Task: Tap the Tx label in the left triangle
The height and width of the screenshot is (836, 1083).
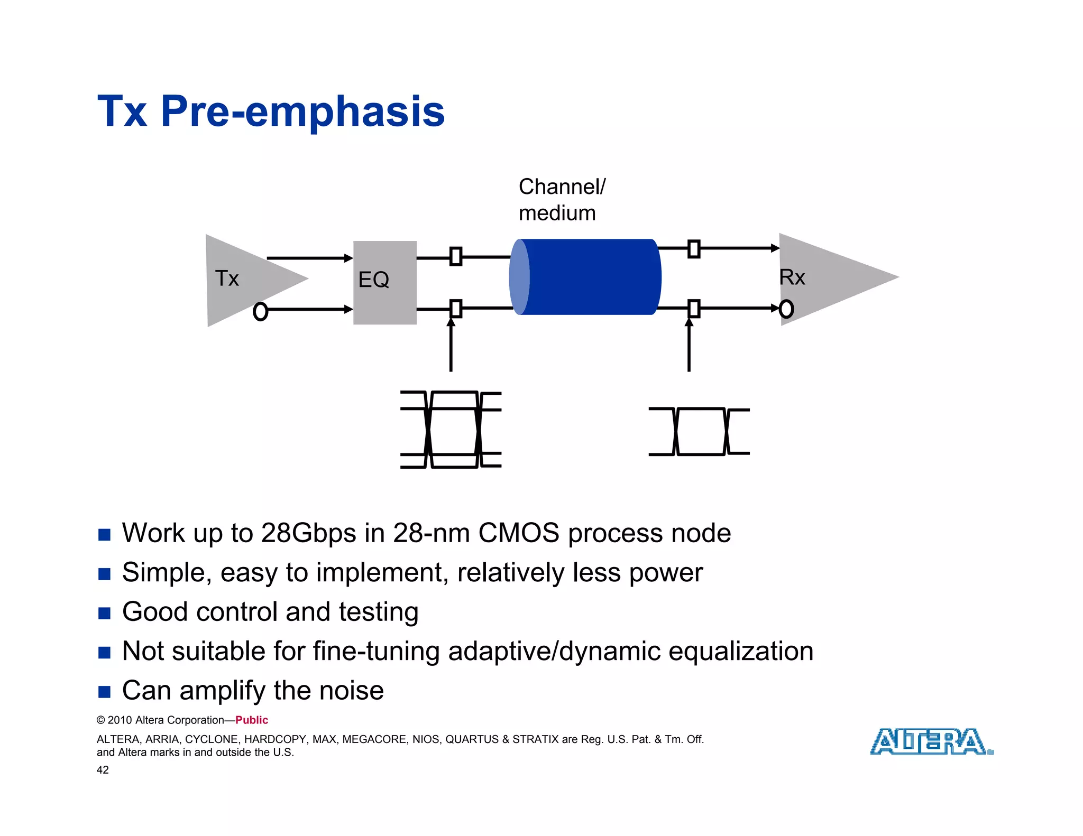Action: [x=227, y=278]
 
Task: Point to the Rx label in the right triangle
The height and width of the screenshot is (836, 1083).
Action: [x=792, y=277]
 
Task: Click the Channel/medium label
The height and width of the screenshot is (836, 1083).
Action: [x=561, y=200]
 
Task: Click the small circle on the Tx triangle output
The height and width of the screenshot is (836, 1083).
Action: [x=260, y=311]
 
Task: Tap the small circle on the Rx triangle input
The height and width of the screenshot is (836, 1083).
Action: [x=786, y=309]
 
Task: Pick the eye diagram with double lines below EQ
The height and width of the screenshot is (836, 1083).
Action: [x=451, y=430]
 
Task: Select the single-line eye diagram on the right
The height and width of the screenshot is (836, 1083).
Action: [x=699, y=431]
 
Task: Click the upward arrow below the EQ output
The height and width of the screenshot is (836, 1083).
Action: [x=451, y=346]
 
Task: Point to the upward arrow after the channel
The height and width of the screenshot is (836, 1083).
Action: [x=689, y=346]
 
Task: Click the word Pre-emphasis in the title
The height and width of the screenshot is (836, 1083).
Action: [x=302, y=112]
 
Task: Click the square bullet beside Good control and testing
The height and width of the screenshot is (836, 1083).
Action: [x=104, y=613]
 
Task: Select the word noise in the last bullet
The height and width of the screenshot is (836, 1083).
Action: [x=351, y=690]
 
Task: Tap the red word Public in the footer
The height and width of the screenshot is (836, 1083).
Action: [x=252, y=720]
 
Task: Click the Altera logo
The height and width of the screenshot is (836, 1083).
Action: [x=931, y=741]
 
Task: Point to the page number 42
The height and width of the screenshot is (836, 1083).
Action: [x=103, y=770]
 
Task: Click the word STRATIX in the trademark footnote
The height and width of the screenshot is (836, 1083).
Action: [x=535, y=739]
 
